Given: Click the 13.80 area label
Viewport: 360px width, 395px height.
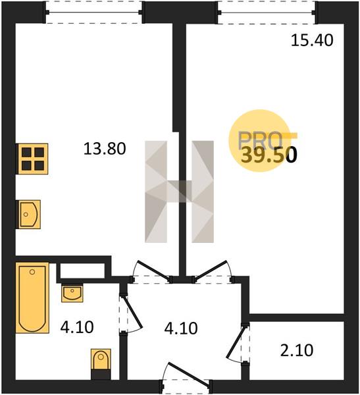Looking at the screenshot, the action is (105, 149).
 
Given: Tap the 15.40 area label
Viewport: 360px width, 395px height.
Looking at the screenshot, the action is (312, 40).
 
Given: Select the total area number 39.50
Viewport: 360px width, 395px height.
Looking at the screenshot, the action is (269, 155).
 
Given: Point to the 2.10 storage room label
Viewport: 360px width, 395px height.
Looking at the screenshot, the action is (297, 350).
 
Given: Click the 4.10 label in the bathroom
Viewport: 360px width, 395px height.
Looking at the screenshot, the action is (77, 327).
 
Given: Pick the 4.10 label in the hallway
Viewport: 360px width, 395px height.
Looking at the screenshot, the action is (181, 329).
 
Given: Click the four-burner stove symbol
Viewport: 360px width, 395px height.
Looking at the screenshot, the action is (32, 159).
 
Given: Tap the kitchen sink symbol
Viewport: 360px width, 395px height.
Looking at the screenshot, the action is (28, 215).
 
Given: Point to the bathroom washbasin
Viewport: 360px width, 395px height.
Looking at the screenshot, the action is (72, 293).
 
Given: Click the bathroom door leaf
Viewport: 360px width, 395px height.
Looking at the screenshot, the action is (132, 312).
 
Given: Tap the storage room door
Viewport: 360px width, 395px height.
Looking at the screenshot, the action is (236, 341).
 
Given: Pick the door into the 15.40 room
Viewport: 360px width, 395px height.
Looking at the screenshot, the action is (211, 270).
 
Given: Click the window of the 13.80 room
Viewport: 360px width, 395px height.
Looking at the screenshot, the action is (94, 13).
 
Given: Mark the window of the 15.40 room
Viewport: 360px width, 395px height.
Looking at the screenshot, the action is (267, 13).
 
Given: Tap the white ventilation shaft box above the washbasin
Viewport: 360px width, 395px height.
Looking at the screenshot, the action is (82, 271).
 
